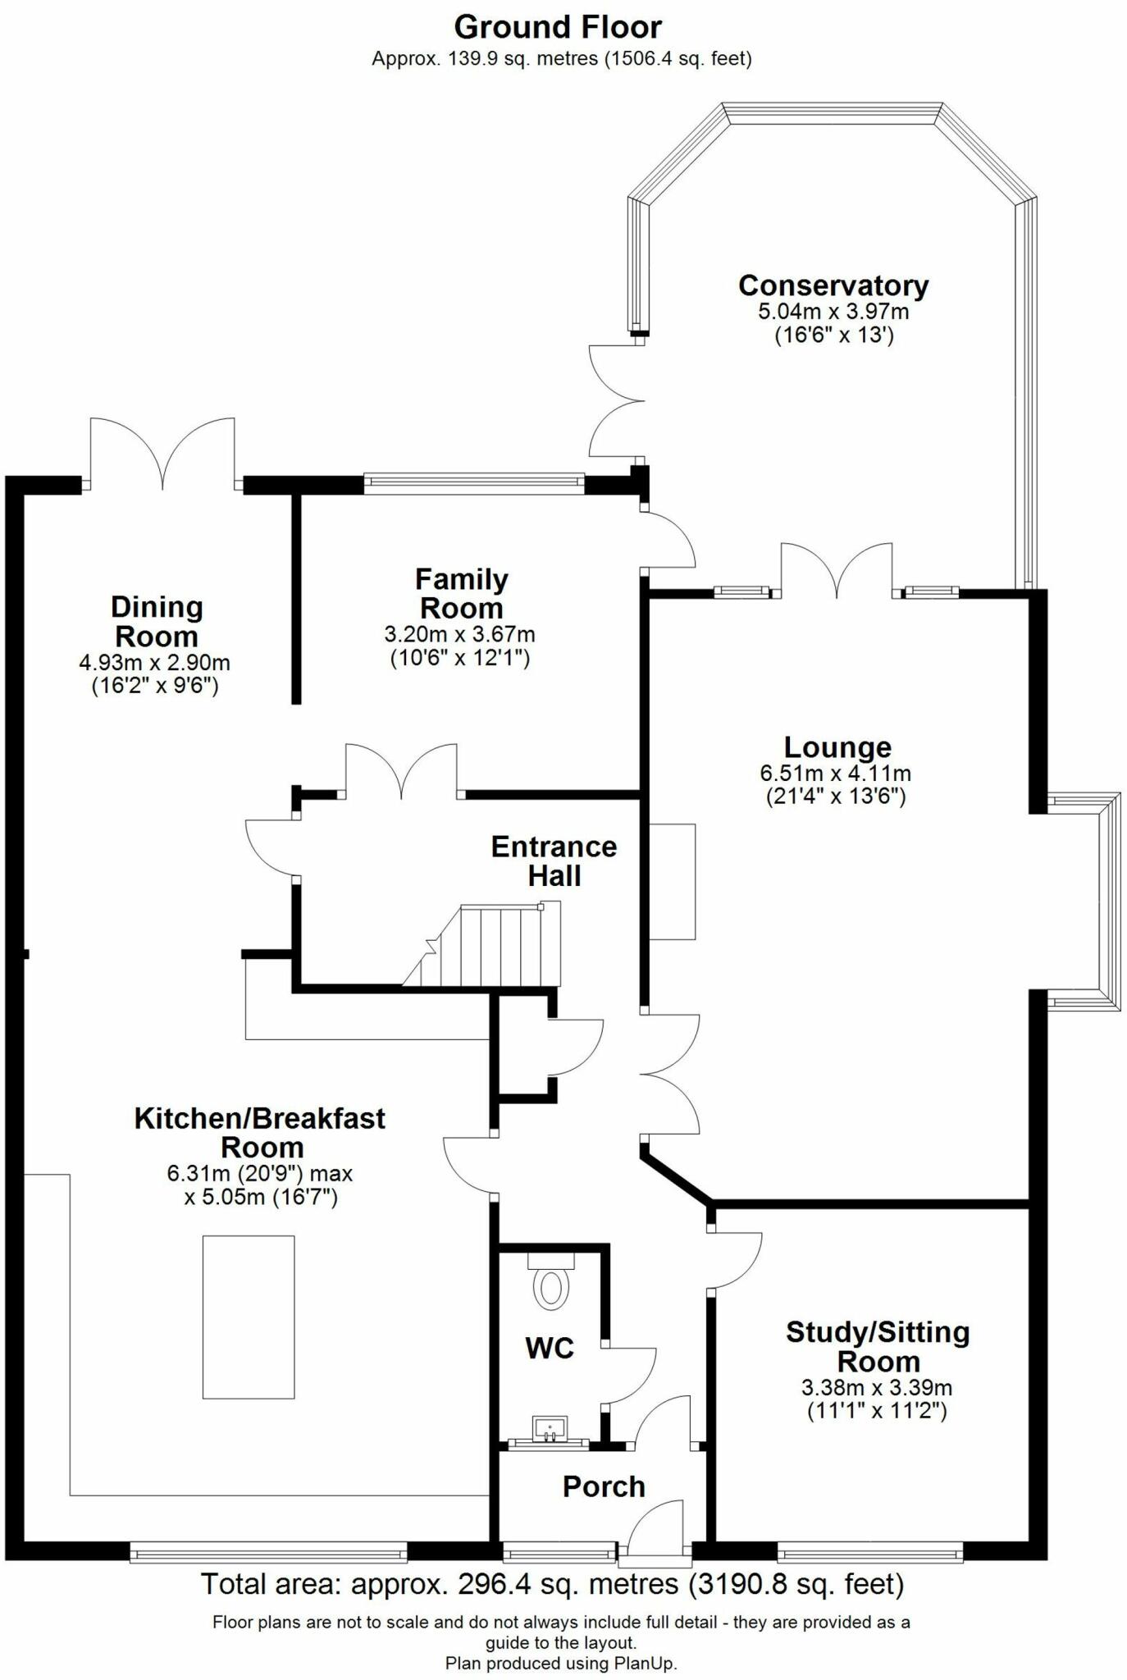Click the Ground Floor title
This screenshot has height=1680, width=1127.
pos(558,28)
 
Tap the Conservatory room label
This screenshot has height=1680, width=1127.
pos(833,285)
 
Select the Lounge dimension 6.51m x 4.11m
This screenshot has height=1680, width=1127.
pos(835,773)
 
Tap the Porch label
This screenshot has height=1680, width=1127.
pos(604,1486)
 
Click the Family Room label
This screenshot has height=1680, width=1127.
pos(461,593)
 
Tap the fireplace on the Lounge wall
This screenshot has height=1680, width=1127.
pos(673,881)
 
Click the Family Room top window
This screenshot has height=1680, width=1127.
pos(474,484)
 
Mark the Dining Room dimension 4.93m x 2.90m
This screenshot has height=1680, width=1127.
pos(154,662)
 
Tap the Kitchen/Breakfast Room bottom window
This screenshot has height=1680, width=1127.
pos(268,1551)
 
